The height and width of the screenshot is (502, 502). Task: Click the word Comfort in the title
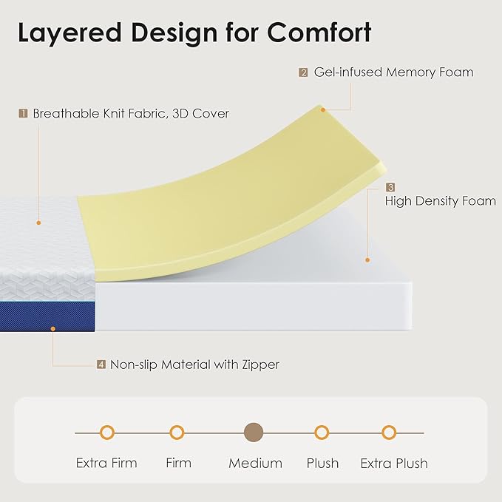(x=319, y=33)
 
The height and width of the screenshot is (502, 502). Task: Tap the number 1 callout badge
(x=23, y=114)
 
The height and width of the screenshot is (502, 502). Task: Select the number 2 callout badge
(x=303, y=72)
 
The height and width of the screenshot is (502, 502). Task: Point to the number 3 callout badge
(x=390, y=188)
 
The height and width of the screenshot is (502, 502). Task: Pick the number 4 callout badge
(x=101, y=364)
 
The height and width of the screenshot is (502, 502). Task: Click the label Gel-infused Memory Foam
(x=393, y=72)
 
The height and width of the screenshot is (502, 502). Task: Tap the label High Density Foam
(x=440, y=201)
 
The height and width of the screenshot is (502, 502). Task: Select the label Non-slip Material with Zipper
(x=194, y=364)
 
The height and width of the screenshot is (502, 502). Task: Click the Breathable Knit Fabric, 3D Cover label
(x=131, y=114)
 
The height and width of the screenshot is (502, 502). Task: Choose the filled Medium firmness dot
(x=254, y=433)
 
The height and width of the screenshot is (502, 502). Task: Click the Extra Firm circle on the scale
(x=107, y=433)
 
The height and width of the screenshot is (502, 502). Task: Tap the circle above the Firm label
(x=177, y=433)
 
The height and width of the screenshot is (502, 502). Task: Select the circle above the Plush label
(x=322, y=433)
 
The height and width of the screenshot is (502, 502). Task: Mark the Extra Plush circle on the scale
(x=389, y=433)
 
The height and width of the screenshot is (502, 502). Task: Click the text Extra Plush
(x=394, y=464)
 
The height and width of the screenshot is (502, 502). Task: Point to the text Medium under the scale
(x=255, y=464)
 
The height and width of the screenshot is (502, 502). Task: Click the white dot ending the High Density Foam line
(x=367, y=260)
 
